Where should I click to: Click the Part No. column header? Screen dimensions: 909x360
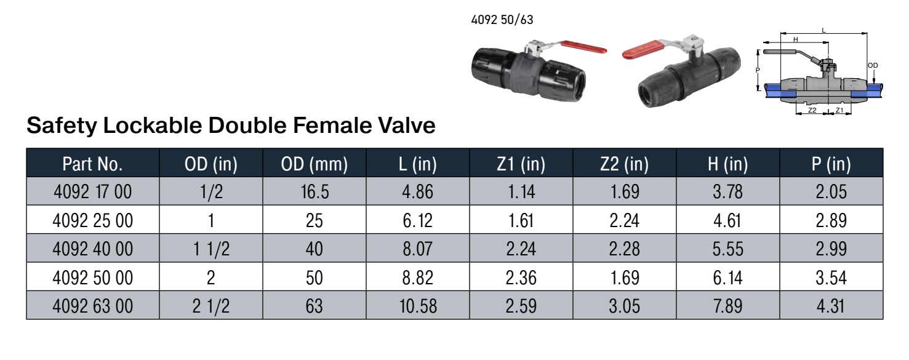point(92,164)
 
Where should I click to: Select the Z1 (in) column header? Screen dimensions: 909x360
point(521,164)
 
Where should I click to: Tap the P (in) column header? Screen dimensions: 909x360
point(831,164)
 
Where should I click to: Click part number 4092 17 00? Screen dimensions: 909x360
point(92,191)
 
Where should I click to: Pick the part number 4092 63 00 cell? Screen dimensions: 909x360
point(92,306)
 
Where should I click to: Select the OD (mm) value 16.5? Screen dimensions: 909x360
point(314,191)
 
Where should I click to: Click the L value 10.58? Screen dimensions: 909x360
point(418,306)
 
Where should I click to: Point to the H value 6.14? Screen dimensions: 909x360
point(727,278)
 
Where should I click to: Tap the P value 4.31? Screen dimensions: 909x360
point(831,306)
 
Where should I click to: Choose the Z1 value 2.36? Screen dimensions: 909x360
point(521,278)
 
